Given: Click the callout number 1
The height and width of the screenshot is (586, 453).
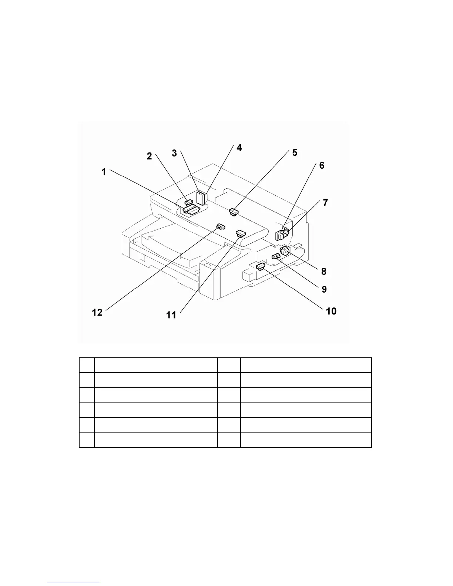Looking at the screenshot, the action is click(x=104, y=172).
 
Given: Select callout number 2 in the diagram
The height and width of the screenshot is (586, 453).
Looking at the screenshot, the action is click(x=149, y=156).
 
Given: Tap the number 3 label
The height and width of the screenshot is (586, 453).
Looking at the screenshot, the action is click(x=174, y=153).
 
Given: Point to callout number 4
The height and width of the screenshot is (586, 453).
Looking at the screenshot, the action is click(x=239, y=148).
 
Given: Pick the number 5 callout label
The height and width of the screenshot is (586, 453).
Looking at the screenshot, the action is click(x=295, y=152).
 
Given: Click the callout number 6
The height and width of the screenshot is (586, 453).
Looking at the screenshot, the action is click(x=322, y=165).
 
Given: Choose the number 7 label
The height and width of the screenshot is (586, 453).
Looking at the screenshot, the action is click(x=325, y=203).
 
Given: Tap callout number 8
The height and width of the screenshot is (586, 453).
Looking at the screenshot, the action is click(x=324, y=272).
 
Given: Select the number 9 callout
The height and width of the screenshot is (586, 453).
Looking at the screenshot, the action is click(x=324, y=289).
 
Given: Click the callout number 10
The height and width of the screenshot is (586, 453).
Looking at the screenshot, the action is click(x=331, y=311).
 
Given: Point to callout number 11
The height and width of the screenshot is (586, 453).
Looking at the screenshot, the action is click(x=171, y=315).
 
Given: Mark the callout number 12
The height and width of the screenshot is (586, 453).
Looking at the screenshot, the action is click(x=97, y=313).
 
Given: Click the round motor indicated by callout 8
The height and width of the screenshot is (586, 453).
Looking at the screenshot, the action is click(x=284, y=251).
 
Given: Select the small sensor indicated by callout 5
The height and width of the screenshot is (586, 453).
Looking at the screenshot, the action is click(x=234, y=212).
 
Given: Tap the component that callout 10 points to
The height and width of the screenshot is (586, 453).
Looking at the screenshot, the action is click(x=261, y=265).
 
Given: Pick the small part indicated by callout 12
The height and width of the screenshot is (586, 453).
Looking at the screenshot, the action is click(x=221, y=226).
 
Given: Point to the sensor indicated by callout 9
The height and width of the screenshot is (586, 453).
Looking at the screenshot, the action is click(x=276, y=256).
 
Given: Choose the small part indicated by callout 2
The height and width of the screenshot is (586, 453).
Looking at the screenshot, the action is click(x=189, y=202).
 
